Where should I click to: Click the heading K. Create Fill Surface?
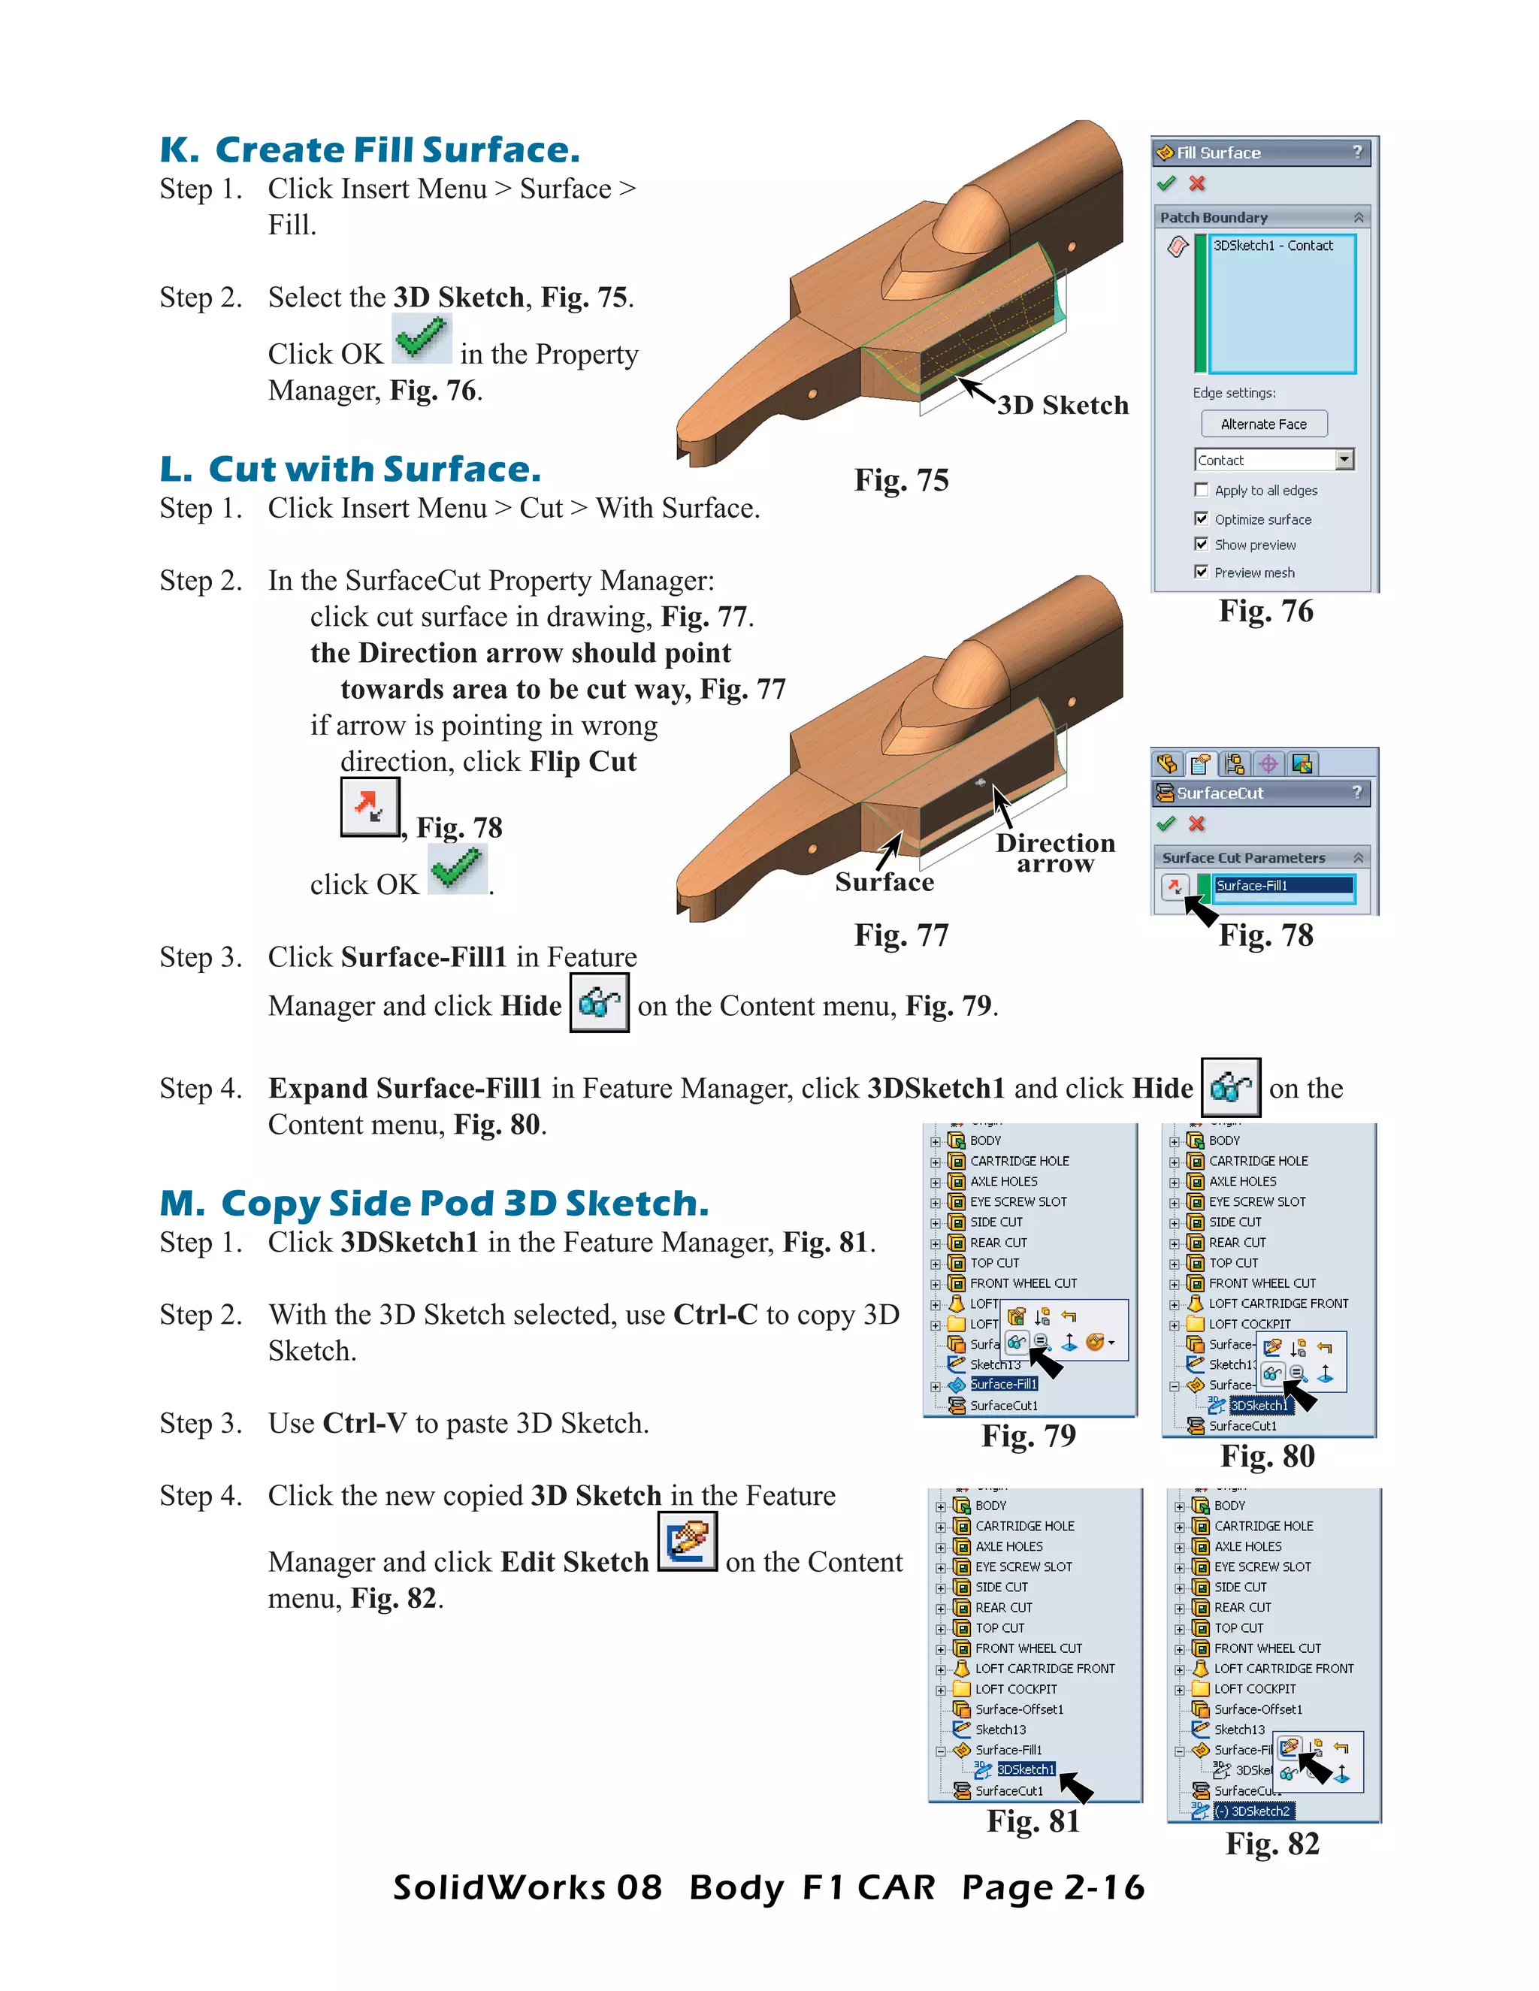tap(369, 150)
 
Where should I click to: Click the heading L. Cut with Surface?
tap(350, 470)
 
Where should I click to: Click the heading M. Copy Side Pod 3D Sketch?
tap(434, 1204)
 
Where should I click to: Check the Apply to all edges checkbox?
tap(1202, 491)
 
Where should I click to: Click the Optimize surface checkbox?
tap(1202, 518)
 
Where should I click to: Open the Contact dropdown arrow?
tap(1345, 460)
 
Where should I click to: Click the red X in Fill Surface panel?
tap(1197, 183)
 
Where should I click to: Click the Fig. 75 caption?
tap(901, 480)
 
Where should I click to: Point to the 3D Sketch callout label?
tap(1062, 406)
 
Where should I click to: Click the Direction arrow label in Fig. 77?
tap(1055, 854)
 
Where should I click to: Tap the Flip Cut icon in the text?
tap(369, 807)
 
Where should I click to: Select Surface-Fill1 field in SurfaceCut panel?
tap(1283, 886)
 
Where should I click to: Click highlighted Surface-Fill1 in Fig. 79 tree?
tap(1003, 1385)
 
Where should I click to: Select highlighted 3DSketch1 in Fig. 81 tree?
tap(1026, 1769)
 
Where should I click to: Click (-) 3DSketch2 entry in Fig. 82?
tap(1254, 1811)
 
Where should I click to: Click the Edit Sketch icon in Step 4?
tap(688, 1541)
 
